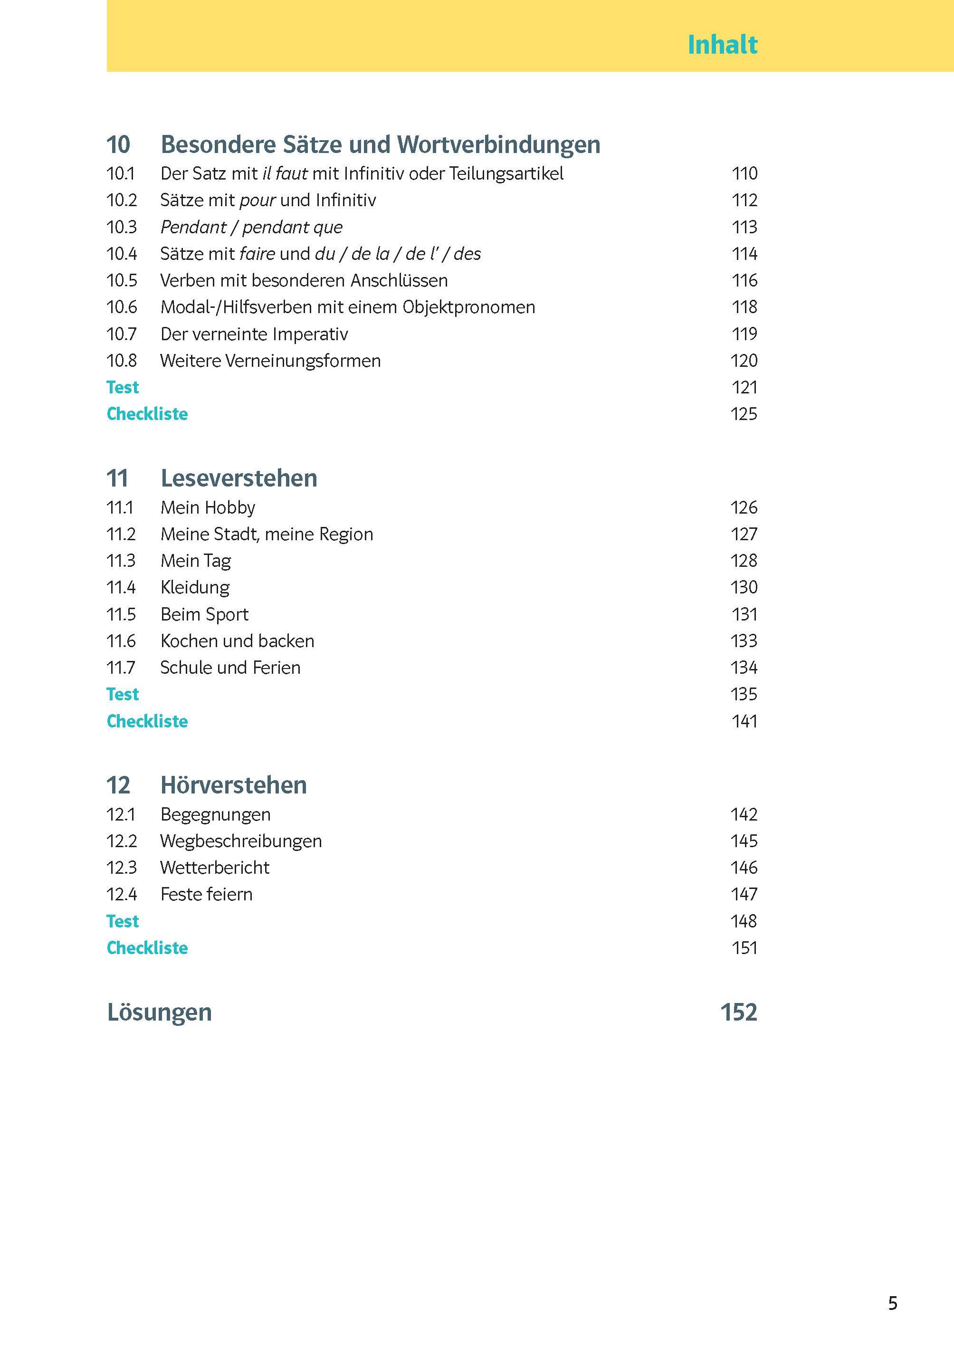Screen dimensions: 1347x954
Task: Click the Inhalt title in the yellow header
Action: (x=722, y=45)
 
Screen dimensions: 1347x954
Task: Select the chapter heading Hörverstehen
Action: (x=233, y=785)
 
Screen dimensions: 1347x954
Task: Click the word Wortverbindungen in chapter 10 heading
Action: (x=499, y=144)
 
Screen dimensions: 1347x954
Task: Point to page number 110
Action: (x=744, y=173)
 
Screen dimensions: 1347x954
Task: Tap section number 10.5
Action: (x=122, y=280)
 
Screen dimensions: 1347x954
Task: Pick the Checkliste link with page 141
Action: (x=147, y=721)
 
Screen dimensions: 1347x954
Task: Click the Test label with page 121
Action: (x=123, y=387)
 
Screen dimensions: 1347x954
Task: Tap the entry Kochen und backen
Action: (x=238, y=640)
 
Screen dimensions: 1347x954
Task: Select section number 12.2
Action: (x=122, y=841)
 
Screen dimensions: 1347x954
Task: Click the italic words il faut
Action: (x=285, y=173)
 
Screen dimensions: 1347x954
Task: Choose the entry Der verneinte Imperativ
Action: (x=254, y=334)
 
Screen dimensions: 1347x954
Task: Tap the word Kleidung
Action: (x=195, y=587)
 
